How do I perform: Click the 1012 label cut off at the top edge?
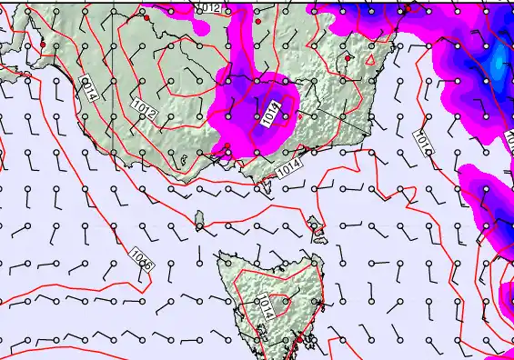coord(211,7)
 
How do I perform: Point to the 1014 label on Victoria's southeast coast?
coord(287,168)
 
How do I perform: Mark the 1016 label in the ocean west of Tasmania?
coord(141,257)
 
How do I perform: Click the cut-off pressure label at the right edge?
coord(509,137)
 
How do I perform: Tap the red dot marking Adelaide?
coord(42,45)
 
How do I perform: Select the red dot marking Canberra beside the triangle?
coord(348,58)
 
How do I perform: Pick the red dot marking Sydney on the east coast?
coord(408,8)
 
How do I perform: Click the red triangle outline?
coord(369,60)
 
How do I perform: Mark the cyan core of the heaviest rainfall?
coord(497,65)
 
